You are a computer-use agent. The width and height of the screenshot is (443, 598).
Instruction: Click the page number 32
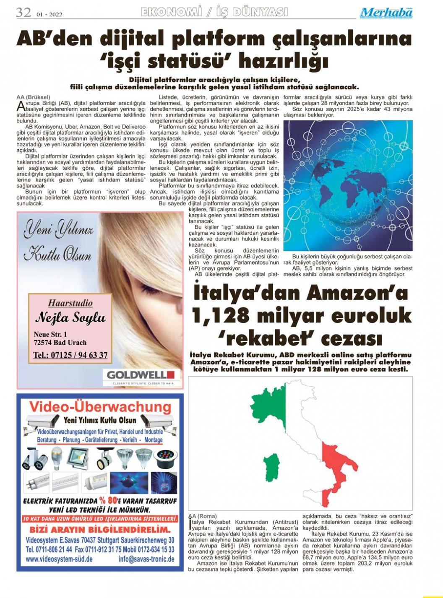click(x=23, y=12)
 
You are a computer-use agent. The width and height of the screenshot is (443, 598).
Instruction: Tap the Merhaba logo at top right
click(x=386, y=13)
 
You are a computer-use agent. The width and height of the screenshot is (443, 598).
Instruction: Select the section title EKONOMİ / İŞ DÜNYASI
click(x=215, y=12)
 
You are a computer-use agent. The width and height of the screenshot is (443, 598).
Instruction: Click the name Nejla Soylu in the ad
click(x=70, y=317)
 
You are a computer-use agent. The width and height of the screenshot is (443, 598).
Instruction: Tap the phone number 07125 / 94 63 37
click(x=70, y=355)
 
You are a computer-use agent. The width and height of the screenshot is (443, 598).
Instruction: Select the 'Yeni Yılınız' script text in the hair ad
click(x=59, y=230)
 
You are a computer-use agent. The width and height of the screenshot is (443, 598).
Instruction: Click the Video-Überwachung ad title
click(x=100, y=407)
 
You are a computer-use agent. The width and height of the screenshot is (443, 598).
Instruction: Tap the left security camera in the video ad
click(x=42, y=421)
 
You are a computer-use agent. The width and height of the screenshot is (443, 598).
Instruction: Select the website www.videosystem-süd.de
click(x=59, y=559)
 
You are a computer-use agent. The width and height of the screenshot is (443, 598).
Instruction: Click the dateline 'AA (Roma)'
click(x=202, y=516)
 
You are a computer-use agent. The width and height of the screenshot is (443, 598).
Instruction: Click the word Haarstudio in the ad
click(x=70, y=303)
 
